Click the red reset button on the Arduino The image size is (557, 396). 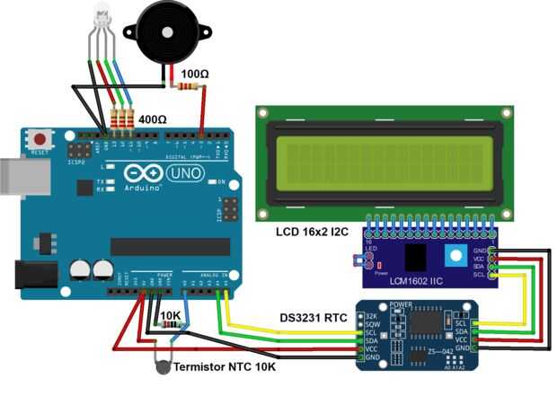pos(40,140)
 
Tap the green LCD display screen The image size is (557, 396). pos(386,165)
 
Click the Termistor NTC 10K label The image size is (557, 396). pos(224,367)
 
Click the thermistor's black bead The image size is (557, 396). pos(162,365)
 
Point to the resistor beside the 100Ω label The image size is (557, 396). pos(189,86)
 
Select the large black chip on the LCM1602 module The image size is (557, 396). pos(416,256)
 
